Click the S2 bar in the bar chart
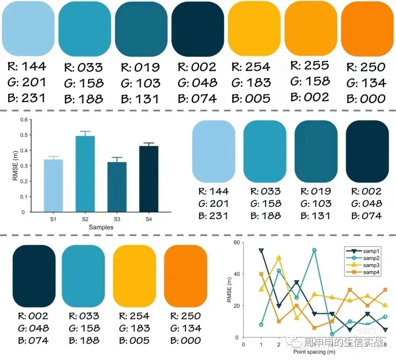pyautogui.click(x=85, y=174)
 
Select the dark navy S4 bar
pyautogui.click(x=149, y=179)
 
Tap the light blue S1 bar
pyautogui.click(x=53, y=186)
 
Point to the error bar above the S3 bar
pyautogui.click(x=117, y=160)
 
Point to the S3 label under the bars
pyautogui.click(x=117, y=219)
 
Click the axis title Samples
pyautogui.click(x=101, y=227)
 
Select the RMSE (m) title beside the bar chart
pyautogui.click(x=15, y=166)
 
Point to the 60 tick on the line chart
pyautogui.click(x=236, y=242)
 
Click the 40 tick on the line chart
pyautogui.click(x=236, y=274)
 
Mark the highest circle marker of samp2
pyautogui.click(x=315, y=250)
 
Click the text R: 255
pyautogui.click(x=310, y=65)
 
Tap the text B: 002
pyautogui.click(x=310, y=97)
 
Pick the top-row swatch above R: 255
pyautogui.click(x=311, y=28)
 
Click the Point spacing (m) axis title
pyautogui.click(x=314, y=352)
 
